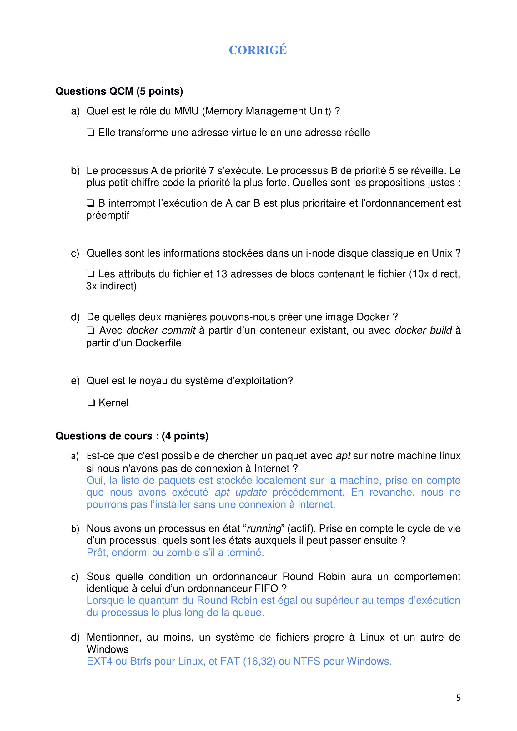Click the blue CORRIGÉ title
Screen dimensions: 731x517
click(x=258, y=50)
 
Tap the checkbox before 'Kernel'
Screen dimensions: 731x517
click(x=90, y=403)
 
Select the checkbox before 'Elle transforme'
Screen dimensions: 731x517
click(x=90, y=133)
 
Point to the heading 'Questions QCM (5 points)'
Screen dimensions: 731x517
click(x=119, y=91)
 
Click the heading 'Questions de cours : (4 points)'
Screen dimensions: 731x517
click(x=132, y=436)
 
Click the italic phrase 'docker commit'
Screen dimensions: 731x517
click(x=161, y=330)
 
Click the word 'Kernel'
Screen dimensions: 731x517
click(x=114, y=403)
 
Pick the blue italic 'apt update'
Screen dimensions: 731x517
click(x=241, y=492)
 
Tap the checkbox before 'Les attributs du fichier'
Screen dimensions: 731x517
click(x=90, y=274)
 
